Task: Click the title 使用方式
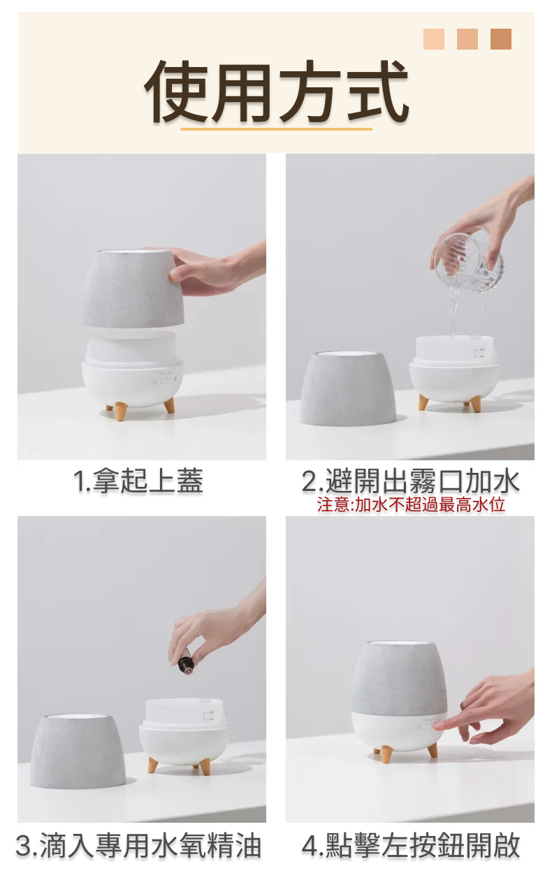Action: (276, 92)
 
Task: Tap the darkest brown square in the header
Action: (500, 39)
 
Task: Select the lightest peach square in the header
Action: (433, 39)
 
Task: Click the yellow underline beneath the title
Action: (276, 129)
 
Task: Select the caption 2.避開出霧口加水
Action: (410, 481)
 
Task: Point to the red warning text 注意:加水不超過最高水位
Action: (411, 504)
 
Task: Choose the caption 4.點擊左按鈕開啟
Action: (410, 846)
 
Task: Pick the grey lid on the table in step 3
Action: (78, 750)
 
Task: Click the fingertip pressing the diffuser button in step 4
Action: (438, 726)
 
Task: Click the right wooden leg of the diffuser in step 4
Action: (433, 750)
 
